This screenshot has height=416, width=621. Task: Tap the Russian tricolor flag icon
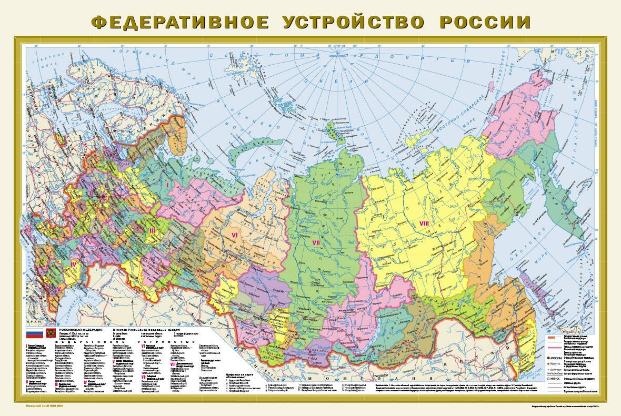[x=34, y=333]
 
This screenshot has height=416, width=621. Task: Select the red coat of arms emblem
[x=51, y=333]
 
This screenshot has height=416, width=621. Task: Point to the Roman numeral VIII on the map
[x=424, y=224]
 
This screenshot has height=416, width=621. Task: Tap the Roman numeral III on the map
[x=152, y=230]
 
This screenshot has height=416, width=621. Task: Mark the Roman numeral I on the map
[x=167, y=185]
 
